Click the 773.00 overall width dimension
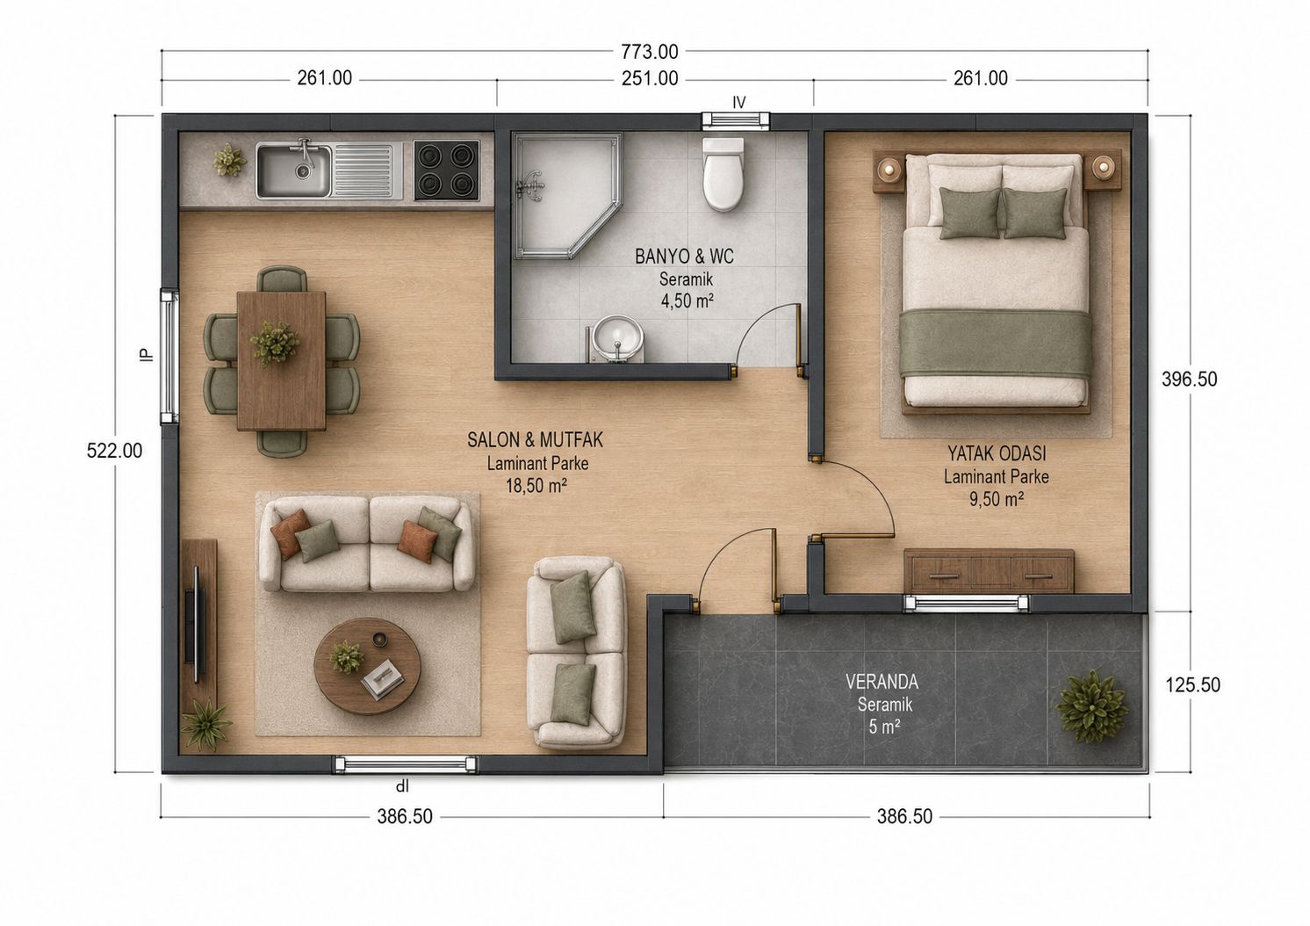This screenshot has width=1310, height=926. point(649,52)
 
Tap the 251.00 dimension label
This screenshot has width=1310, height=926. point(649,78)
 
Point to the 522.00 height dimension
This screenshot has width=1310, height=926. point(115,451)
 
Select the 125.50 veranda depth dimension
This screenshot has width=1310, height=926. point(1193,685)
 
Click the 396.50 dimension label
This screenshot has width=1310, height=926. point(1190,380)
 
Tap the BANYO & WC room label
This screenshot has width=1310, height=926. point(685,257)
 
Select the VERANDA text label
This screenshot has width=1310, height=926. point(882,682)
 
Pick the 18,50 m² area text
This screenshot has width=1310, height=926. point(536,486)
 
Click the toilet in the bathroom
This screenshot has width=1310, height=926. point(724,175)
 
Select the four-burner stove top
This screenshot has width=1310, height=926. point(447,170)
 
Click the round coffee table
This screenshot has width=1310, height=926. point(368,666)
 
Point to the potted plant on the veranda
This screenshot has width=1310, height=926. point(1092,707)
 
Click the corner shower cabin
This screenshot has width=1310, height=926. point(566,196)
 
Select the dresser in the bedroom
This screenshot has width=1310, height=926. point(989,571)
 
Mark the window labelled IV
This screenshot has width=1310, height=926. point(736,120)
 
